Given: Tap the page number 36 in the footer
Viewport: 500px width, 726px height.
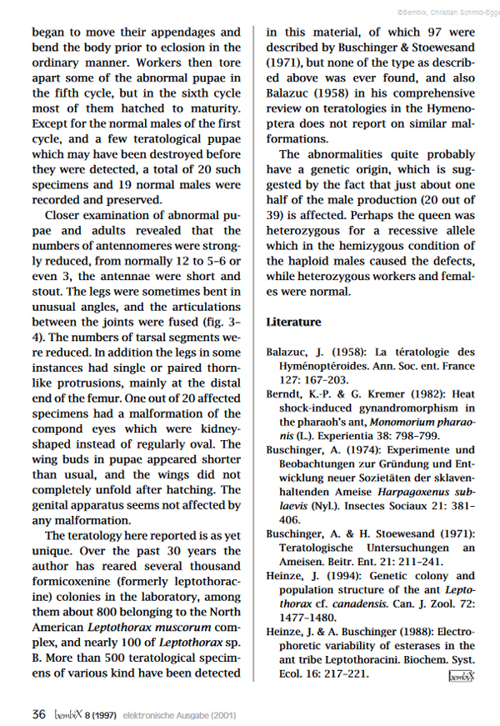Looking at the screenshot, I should click(x=38, y=713).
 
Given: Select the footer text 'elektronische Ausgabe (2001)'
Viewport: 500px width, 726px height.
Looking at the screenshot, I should click(x=179, y=714).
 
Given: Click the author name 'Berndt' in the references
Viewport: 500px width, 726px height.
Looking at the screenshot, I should click(x=287, y=393).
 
